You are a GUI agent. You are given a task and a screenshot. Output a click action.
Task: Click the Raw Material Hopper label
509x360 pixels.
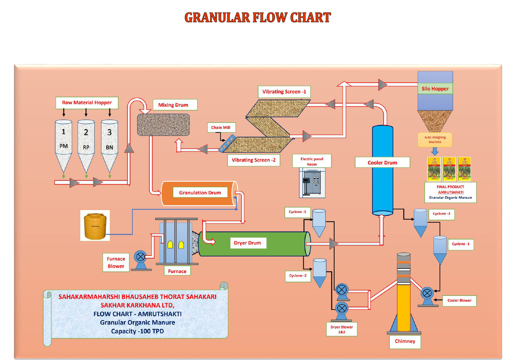click(87, 103)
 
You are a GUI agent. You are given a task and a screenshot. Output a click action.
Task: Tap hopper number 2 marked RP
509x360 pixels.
click(86, 142)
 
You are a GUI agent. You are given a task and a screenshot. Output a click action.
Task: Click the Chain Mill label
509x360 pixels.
click(221, 128)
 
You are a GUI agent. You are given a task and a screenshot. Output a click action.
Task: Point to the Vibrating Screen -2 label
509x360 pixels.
click(254, 160)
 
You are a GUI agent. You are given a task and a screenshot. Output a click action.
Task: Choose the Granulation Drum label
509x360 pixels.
click(200, 193)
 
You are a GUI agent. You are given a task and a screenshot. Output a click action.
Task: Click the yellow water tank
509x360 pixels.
click(95, 226)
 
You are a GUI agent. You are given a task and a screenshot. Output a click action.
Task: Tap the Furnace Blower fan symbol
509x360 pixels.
click(140, 257)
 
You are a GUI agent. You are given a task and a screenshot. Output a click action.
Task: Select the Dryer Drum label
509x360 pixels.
click(248, 243)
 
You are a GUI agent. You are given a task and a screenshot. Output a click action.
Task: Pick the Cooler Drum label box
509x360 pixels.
click(382, 163)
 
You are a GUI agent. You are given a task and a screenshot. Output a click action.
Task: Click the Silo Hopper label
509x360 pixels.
click(435, 89)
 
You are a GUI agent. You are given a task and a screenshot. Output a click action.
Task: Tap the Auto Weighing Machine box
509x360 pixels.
click(435, 140)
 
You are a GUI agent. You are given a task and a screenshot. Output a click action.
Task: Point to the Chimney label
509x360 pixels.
click(405, 341)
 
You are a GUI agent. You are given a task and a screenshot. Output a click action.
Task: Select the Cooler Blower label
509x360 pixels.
click(459, 301)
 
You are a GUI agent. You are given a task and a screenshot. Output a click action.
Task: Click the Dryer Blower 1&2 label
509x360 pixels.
click(342, 330)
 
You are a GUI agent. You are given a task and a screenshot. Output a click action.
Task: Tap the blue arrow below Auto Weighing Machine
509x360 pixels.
click(435, 151)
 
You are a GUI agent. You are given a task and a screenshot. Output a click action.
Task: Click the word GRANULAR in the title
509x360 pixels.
click(217, 17)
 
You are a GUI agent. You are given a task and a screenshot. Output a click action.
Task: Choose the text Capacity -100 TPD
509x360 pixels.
click(137, 331)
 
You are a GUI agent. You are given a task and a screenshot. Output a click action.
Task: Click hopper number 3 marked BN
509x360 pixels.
click(109, 142)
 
